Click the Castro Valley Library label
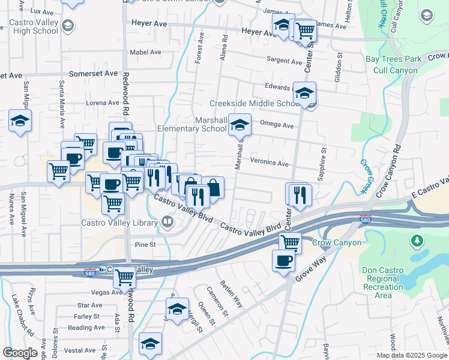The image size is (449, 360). click(x=119, y=223)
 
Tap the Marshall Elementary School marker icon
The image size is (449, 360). click(x=240, y=125)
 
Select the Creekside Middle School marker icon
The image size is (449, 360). click(x=305, y=93)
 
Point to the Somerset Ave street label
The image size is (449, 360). click(x=94, y=73)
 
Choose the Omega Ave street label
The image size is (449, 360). click(x=277, y=125)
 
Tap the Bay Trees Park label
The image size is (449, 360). click(x=394, y=59)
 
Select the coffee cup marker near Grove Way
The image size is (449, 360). click(x=283, y=261)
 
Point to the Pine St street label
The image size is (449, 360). click(x=145, y=245)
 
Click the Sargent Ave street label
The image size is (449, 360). click(x=284, y=61)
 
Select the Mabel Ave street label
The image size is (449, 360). click(x=146, y=52)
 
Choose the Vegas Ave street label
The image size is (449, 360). click(x=91, y=293)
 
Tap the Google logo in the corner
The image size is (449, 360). click(x=20, y=353)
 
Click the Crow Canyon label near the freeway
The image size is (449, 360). click(x=337, y=243)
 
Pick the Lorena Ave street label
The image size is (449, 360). click(x=103, y=103)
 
